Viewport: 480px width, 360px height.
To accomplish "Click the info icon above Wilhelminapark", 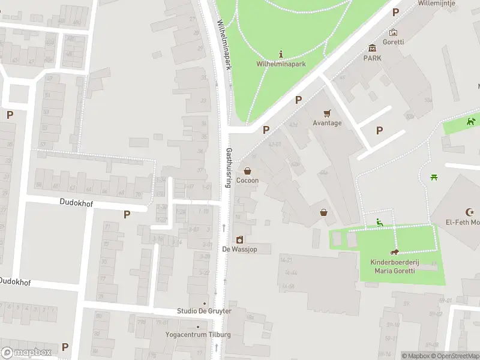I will [x=281, y=54].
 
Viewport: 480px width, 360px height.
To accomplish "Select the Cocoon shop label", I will [x=247, y=181].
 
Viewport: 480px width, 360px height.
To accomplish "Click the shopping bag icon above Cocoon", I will [x=247, y=171].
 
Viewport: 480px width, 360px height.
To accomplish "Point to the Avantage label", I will [x=327, y=123].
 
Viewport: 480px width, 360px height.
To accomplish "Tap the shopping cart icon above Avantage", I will [x=327, y=113].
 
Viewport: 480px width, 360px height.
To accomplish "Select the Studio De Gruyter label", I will [x=204, y=311].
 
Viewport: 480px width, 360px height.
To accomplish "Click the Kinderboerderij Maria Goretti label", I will [x=395, y=266].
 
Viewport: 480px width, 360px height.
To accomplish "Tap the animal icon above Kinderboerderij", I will [x=395, y=253].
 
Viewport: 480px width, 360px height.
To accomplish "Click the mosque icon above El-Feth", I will [x=470, y=212].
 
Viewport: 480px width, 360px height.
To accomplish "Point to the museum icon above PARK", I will [x=372, y=48].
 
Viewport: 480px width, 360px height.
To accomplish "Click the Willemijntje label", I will [x=437, y=4].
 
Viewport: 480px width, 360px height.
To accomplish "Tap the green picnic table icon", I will [x=434, y=176].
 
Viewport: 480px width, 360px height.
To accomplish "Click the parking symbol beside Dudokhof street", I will [x=127, y=214].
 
